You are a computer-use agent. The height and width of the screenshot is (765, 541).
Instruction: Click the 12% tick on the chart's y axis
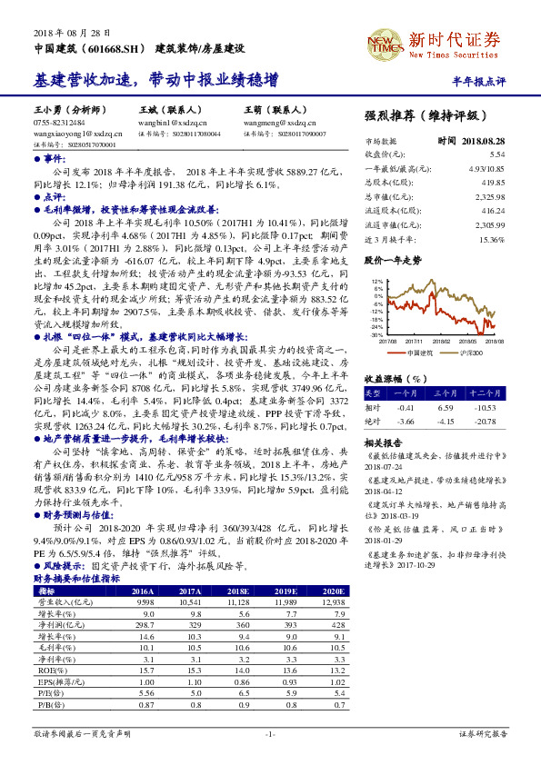coord(377,282)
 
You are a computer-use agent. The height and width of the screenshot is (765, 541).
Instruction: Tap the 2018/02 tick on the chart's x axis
coord(443,341)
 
